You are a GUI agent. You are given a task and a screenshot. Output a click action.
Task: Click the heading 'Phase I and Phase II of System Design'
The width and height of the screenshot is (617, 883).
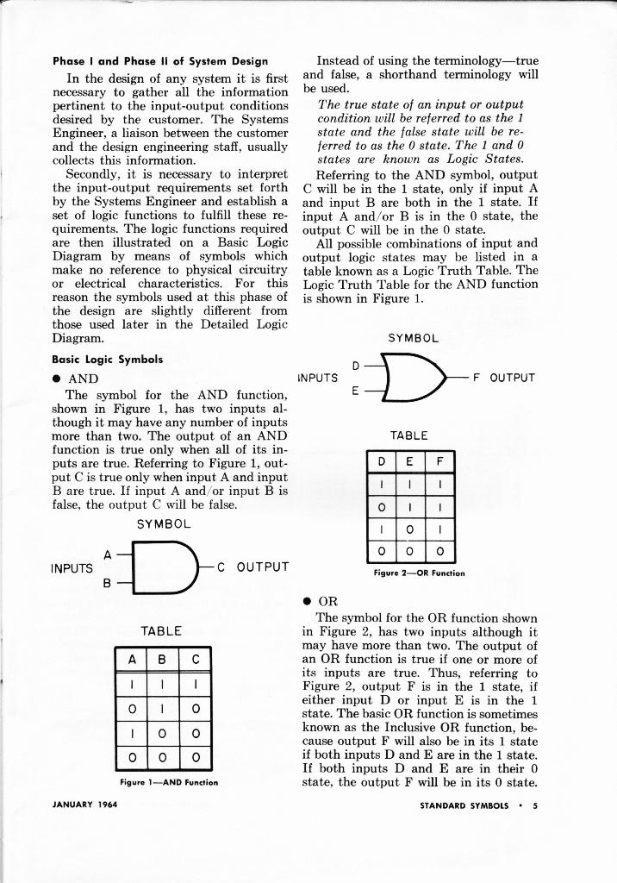click(x=159, y=61)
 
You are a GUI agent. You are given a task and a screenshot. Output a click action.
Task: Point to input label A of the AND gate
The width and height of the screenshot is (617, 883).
click(x=108, y=554)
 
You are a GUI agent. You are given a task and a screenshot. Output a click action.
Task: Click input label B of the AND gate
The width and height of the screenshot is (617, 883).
click(x=108, y=583)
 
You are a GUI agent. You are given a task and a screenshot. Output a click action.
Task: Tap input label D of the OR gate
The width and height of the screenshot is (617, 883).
click(x=356, y=364)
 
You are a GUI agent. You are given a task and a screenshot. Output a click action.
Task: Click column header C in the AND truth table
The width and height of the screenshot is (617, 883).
click(x=196, y=661)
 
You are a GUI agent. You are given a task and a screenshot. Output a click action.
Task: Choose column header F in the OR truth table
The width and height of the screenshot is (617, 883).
click(x=439, y=464)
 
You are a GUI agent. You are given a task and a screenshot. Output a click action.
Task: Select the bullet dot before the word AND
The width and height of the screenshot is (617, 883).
click(x=57, y=379)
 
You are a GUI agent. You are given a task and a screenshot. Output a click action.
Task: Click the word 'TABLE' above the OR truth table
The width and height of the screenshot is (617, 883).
click(x=408, y=436)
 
